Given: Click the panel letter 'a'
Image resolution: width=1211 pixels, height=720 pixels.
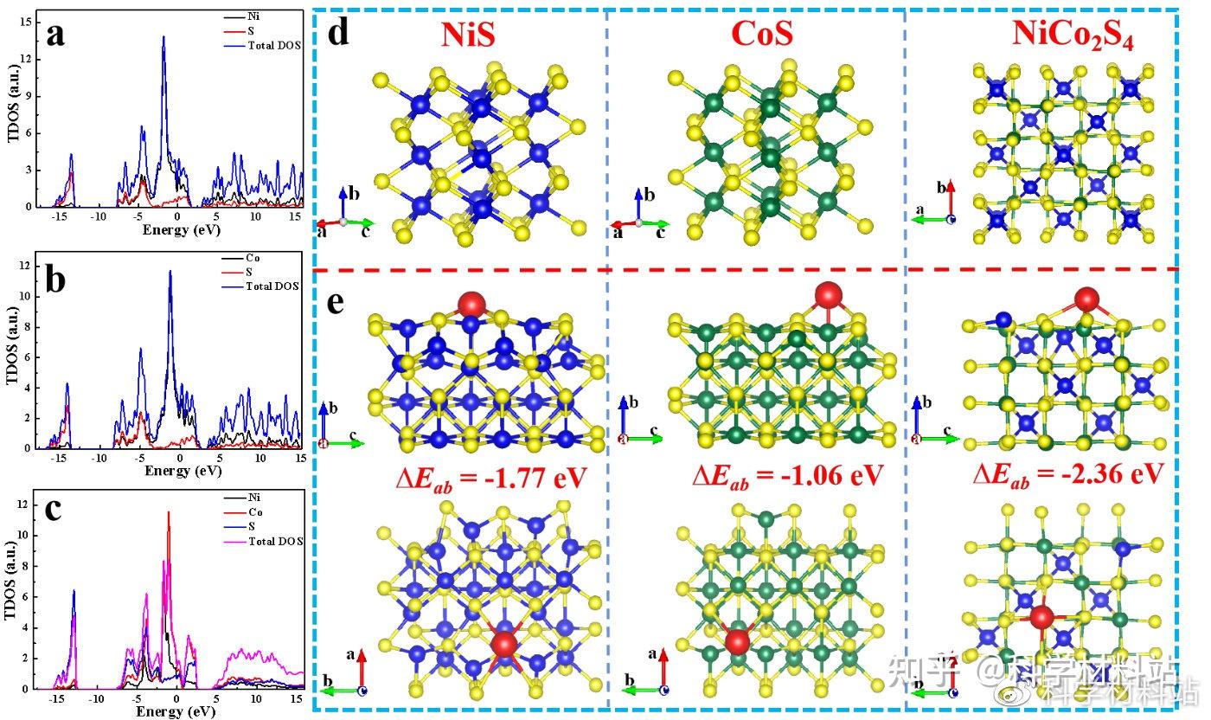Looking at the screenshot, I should pos(54,35).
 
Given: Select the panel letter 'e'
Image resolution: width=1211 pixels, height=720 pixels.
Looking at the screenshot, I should pos(337,305).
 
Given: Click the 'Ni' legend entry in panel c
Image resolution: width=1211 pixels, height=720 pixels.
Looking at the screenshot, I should pos(253,498).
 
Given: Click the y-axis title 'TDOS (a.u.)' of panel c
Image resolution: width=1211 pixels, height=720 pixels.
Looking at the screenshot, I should pos(12,596).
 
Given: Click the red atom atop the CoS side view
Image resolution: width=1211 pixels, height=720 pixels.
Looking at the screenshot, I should pos(828,294).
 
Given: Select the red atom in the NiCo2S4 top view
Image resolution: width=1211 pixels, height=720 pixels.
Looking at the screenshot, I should pos(1041,618).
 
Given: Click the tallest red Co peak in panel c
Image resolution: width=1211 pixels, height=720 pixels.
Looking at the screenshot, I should pos(169,512).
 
